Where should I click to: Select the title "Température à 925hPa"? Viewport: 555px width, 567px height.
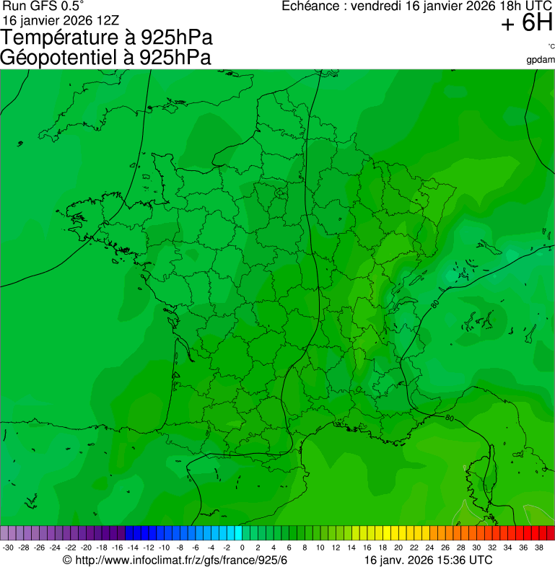point(107,38)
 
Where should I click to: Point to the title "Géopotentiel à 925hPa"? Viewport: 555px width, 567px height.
point(105,58)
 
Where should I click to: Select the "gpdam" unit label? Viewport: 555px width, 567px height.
point(541,59)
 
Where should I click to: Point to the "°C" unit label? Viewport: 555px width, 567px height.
point(551,47)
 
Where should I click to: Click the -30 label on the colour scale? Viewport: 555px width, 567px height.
point(8,548)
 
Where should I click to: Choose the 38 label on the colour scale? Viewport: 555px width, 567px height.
point(538,548)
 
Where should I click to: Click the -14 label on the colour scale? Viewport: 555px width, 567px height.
point(133,548)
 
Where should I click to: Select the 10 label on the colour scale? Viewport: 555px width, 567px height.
point(320,548)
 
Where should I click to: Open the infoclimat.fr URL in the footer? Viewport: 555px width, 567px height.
point(181,561)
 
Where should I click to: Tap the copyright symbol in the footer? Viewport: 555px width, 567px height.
point(67,561)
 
